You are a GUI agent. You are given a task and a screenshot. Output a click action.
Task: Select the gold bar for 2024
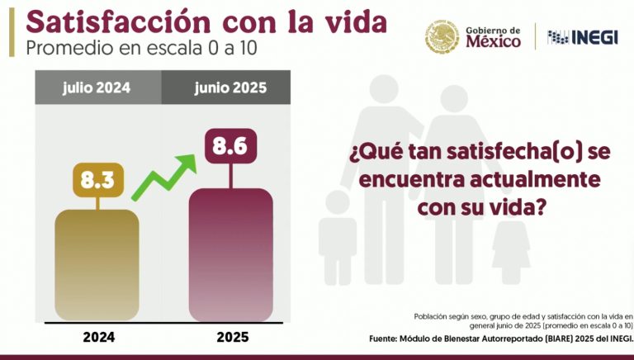(97, 264)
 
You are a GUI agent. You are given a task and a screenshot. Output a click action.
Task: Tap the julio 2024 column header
(97, 87)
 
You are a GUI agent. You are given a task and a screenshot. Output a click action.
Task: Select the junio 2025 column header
(226, 87)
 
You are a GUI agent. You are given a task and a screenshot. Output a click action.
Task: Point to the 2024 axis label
(98, 337)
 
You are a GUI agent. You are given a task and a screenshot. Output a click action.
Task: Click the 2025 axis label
(232, 337)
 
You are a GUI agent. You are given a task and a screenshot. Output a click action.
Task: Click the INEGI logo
(582, 37)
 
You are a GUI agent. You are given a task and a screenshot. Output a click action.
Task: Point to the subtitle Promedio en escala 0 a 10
(141, 48)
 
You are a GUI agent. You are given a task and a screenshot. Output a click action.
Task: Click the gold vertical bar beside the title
(12, 31)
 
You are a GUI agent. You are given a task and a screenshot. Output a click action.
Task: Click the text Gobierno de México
(493, 37)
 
